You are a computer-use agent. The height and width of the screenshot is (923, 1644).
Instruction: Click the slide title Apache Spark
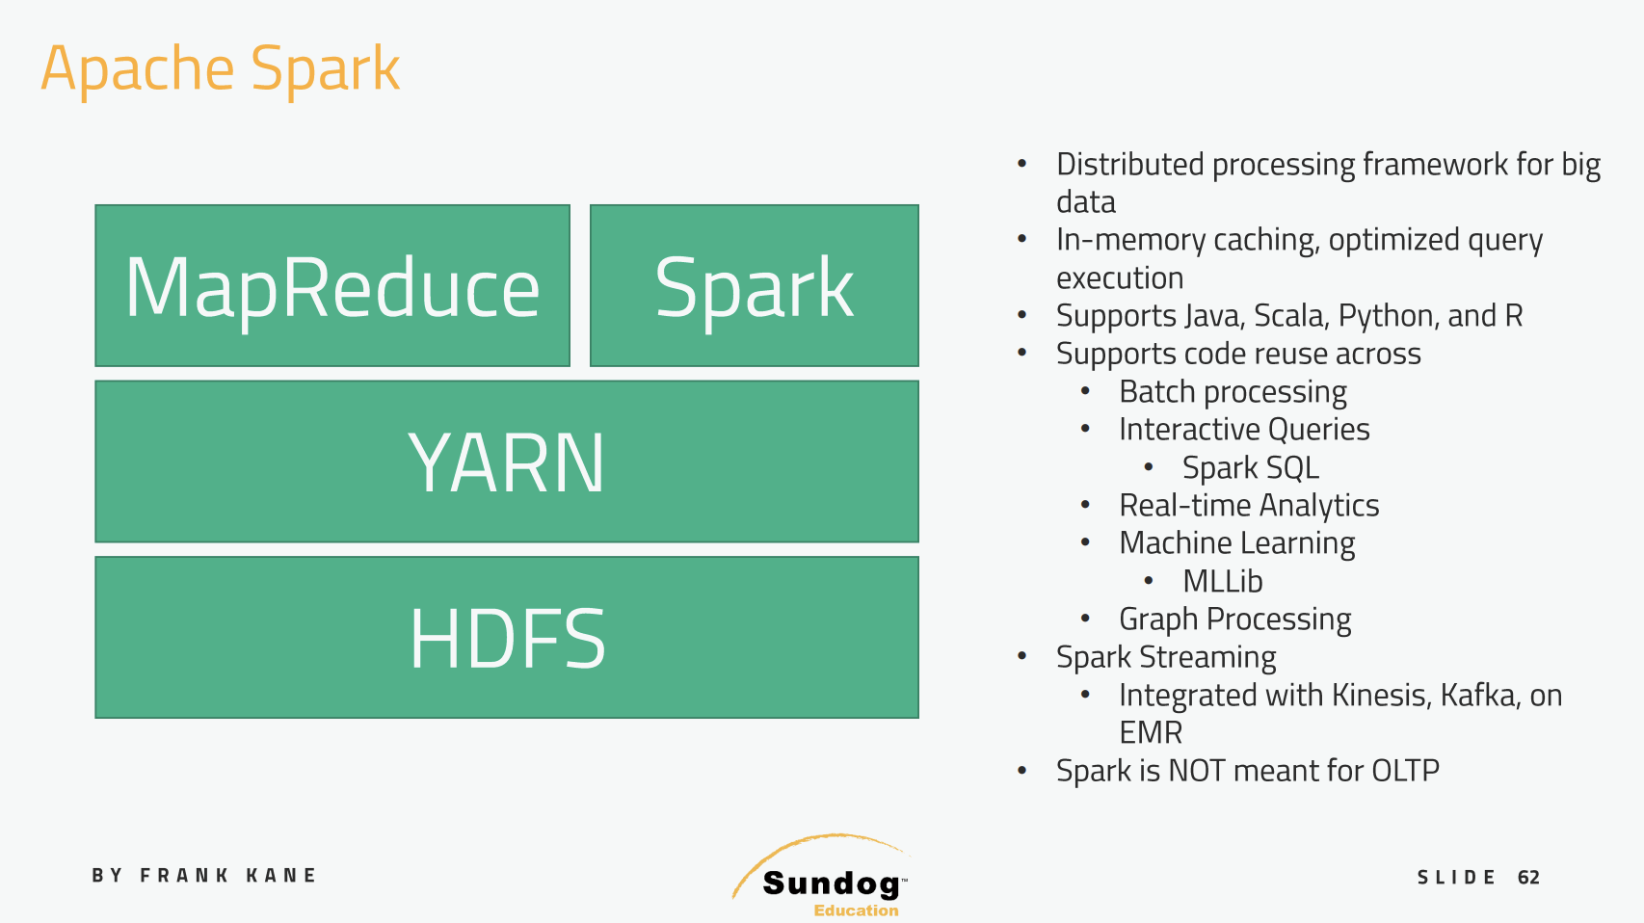coord(220,69)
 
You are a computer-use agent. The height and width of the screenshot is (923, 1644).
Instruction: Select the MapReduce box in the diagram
coord(332,286)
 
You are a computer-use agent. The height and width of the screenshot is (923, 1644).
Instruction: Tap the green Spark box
coord(754,286)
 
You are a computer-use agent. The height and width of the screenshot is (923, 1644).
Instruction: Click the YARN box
coord(507,461)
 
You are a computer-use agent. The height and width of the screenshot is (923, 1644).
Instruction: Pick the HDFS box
coord(507,638)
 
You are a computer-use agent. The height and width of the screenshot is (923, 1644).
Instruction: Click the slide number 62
coord(1528,878)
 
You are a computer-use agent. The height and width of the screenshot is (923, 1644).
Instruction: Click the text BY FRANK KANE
coord(204,876)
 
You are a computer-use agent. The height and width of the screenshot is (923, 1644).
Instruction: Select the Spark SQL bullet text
coord(1250,468)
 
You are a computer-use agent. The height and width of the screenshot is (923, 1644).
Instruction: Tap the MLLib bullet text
coord(1222,582)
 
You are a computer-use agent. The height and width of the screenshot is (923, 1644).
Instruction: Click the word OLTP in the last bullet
coord(1405,771)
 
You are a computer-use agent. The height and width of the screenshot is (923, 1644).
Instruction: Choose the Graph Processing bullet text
coord(1234,620)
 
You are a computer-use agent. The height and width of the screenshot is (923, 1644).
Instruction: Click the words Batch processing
coord(1233,392)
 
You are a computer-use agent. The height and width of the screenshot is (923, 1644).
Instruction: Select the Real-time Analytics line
coord(1249,506)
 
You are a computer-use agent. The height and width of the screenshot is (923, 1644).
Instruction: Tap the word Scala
coord(1290,316)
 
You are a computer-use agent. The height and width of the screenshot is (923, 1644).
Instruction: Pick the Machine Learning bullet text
coord(1236,543)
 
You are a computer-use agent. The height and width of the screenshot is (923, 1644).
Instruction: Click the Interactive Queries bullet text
coord(1244,430)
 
